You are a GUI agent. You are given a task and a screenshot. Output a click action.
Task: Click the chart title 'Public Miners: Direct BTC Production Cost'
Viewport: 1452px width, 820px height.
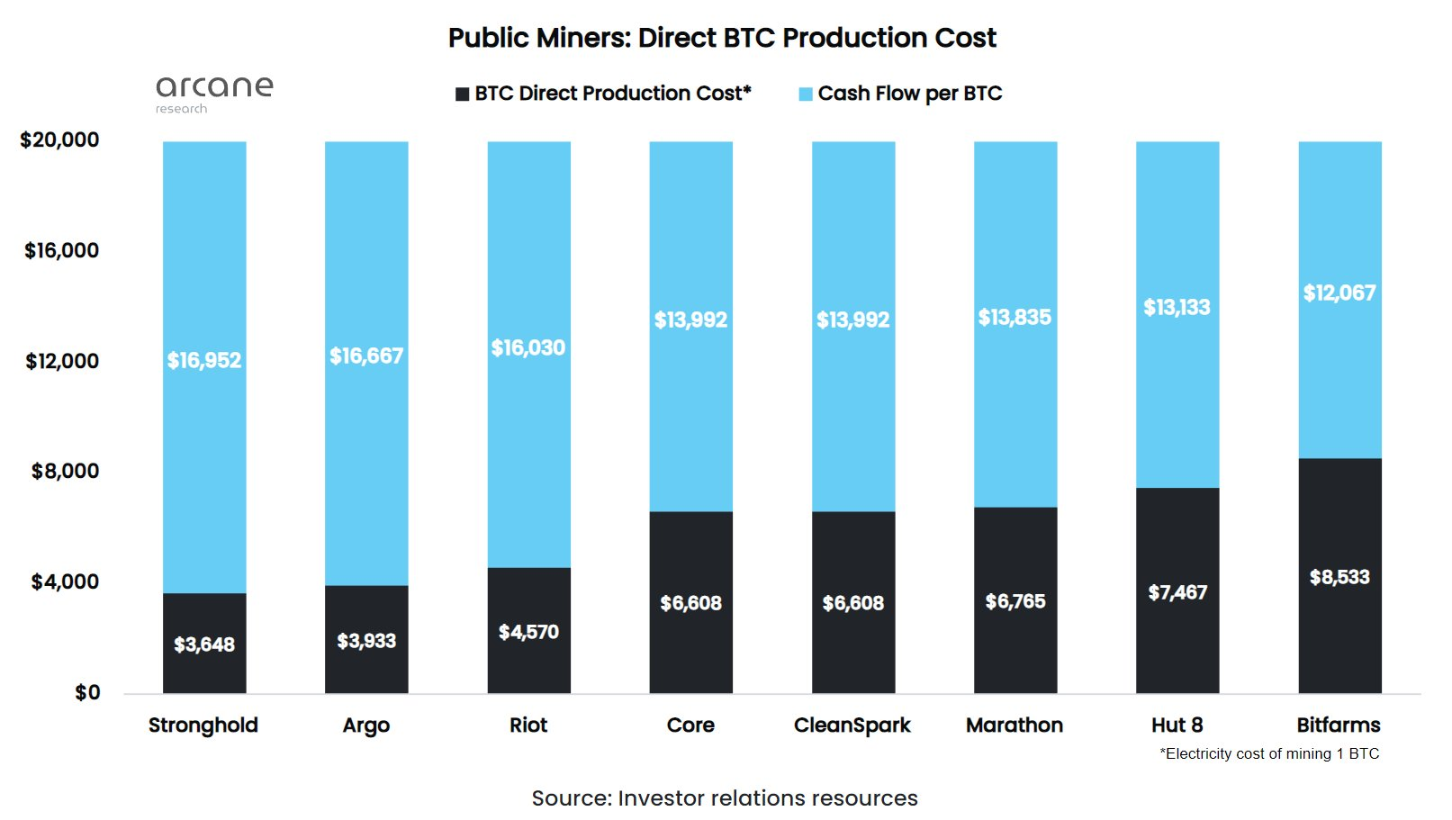coord(722,38)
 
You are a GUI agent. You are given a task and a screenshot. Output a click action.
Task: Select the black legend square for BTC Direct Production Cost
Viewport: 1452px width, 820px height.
coord(462,95)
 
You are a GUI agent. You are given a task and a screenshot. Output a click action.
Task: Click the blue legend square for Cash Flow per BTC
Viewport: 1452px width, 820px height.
coord(806,95)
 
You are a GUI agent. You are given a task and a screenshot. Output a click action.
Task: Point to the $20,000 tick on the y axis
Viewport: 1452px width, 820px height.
coord(59,140)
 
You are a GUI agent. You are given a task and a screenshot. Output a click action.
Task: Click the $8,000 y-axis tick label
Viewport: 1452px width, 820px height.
coord(65,472)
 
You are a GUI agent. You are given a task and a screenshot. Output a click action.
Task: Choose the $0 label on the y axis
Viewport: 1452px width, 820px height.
coord(87,693)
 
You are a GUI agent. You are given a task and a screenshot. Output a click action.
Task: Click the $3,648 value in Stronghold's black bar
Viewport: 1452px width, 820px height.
coord(204,644)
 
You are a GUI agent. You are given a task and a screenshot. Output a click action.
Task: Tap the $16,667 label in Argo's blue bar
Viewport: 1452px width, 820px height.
coord(366,356)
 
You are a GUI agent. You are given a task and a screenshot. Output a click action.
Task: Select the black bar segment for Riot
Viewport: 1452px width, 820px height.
coord(528,666)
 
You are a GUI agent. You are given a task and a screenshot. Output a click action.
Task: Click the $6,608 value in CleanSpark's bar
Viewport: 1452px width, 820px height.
coord(853,603)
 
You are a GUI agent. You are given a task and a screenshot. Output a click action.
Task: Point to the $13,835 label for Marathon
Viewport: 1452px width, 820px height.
coord(1015,318)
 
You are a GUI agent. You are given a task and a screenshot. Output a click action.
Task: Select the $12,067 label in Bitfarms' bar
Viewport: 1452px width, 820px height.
coord(1339,293)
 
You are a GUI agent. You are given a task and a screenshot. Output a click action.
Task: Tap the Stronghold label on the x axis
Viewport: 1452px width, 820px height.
coord(203,725)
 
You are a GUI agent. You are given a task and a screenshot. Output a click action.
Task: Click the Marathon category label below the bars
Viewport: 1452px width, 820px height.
coord(1015,725)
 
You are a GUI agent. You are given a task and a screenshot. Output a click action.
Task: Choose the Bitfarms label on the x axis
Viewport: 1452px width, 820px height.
coord(1339,725)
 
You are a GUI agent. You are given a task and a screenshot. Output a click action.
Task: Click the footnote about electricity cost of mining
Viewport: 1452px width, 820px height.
coord(1269,754)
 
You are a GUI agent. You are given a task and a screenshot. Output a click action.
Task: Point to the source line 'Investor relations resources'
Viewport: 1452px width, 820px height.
coord(725,798)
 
